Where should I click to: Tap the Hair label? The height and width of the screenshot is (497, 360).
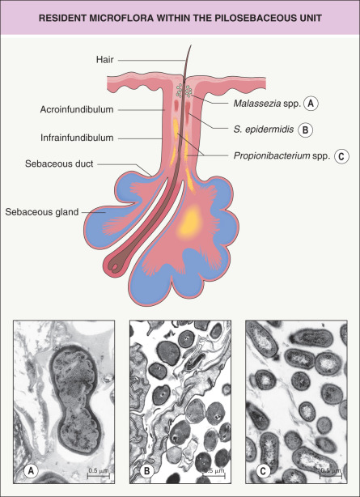105,60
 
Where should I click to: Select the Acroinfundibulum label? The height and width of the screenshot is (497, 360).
77,109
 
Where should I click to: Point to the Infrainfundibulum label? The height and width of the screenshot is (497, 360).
77,138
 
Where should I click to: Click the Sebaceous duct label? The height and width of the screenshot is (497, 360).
59,164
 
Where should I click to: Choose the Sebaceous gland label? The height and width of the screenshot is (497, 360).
42,212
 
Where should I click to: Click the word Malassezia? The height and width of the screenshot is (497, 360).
257,104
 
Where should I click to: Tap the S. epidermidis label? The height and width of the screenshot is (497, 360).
264,130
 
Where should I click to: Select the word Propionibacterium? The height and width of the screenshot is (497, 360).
272,155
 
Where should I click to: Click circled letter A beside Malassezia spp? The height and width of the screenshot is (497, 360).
311,104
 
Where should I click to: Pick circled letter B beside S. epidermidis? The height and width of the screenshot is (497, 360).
306,130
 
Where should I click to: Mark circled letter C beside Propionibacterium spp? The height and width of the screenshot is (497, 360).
341,156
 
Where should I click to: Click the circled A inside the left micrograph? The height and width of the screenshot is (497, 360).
31,471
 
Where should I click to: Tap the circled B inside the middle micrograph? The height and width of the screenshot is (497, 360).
147,471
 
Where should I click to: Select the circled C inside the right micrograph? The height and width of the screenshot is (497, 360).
263,471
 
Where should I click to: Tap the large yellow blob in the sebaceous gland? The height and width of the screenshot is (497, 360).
190,222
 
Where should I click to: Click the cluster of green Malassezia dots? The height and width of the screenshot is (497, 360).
184,90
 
